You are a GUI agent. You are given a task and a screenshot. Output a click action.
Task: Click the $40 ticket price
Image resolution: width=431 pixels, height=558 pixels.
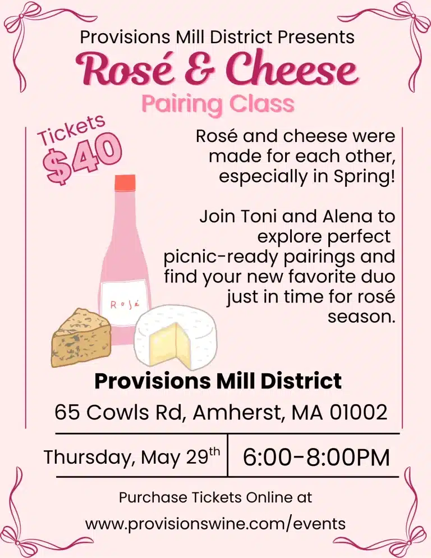pyautogui.click(x=84, y=158)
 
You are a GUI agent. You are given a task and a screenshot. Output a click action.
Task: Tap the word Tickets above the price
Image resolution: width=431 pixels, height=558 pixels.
pyautogui.click(x=71, y=130)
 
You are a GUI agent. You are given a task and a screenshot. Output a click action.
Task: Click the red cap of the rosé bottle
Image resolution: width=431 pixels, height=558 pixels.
pyautogui.click(x=125, y=182)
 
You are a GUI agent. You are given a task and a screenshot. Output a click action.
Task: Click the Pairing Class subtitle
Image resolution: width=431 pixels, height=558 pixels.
pyautogui.click(x=218, y=104)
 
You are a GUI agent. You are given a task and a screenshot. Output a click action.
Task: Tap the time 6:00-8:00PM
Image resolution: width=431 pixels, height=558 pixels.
pyautogui.click(x=316, y=457)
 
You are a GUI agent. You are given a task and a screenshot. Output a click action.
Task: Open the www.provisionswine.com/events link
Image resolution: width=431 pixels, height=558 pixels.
pyautogui.click(x=215, y=524)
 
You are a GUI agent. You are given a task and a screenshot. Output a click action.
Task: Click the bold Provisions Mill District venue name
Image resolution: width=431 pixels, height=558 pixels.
pyautogui.click(x=218, y=382)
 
